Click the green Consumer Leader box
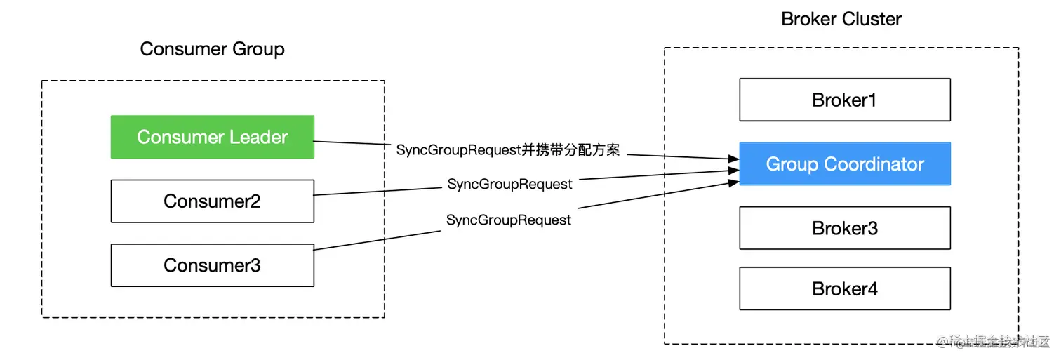tap(212, 137)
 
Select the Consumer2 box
tap(212, 201)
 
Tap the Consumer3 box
tap(212, 265)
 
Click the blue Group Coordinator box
tap(844, 164)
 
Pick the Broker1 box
tap(844, 100)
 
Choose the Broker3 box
tap(844, 228)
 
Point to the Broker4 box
tap(844, 289)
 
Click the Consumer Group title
tap(212, 49)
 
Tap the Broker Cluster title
tap(841, 19)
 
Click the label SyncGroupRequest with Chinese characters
tap(508, 150)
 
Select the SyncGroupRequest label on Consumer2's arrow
tap(509, 185)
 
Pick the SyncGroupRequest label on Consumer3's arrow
tap(509, 220)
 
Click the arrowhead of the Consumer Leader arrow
tap(734, 159)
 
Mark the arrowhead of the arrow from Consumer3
tap(734, 184)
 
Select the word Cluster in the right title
tap(872, 19)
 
